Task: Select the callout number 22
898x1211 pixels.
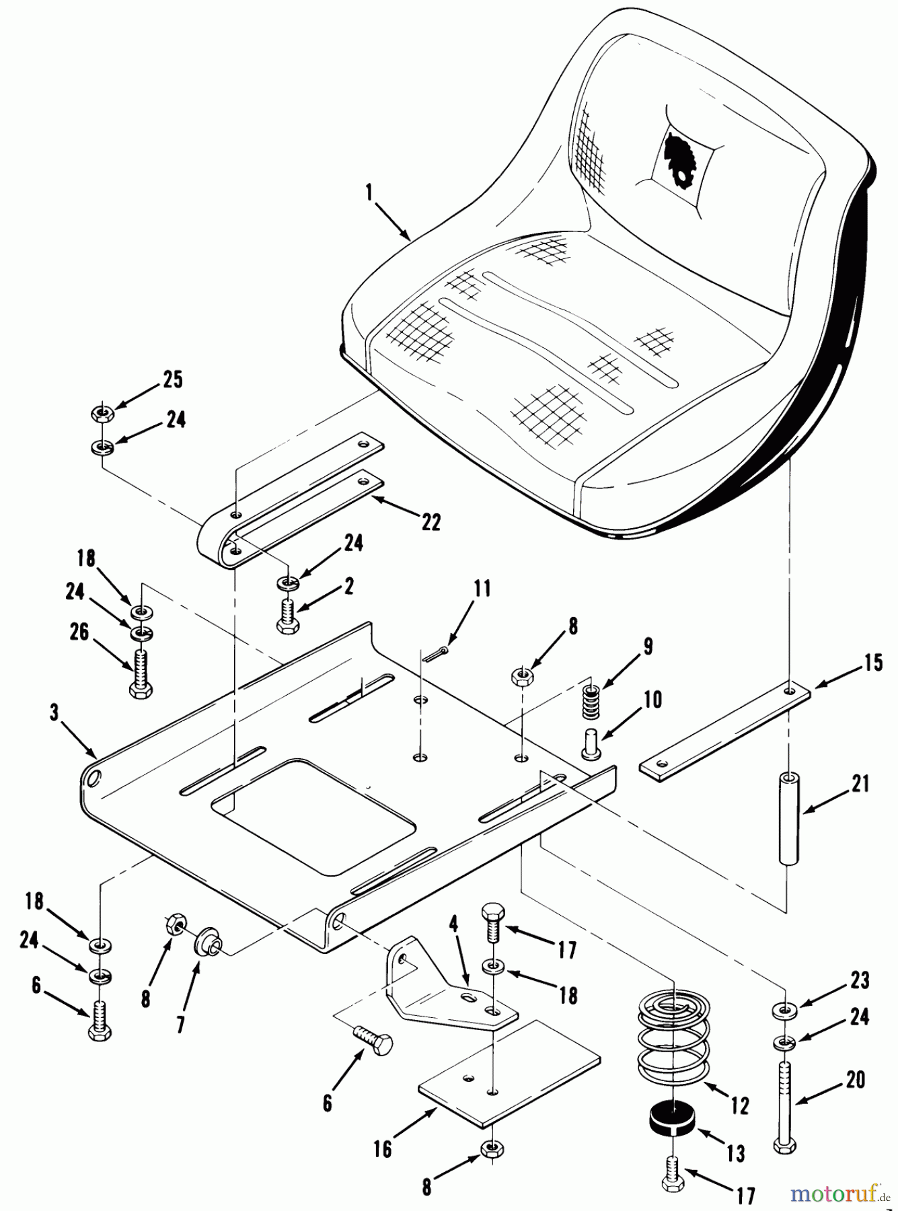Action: pos(431,521)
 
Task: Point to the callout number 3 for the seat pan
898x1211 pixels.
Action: pos(54,712)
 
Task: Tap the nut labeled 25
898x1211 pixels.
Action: pos(102,413)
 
